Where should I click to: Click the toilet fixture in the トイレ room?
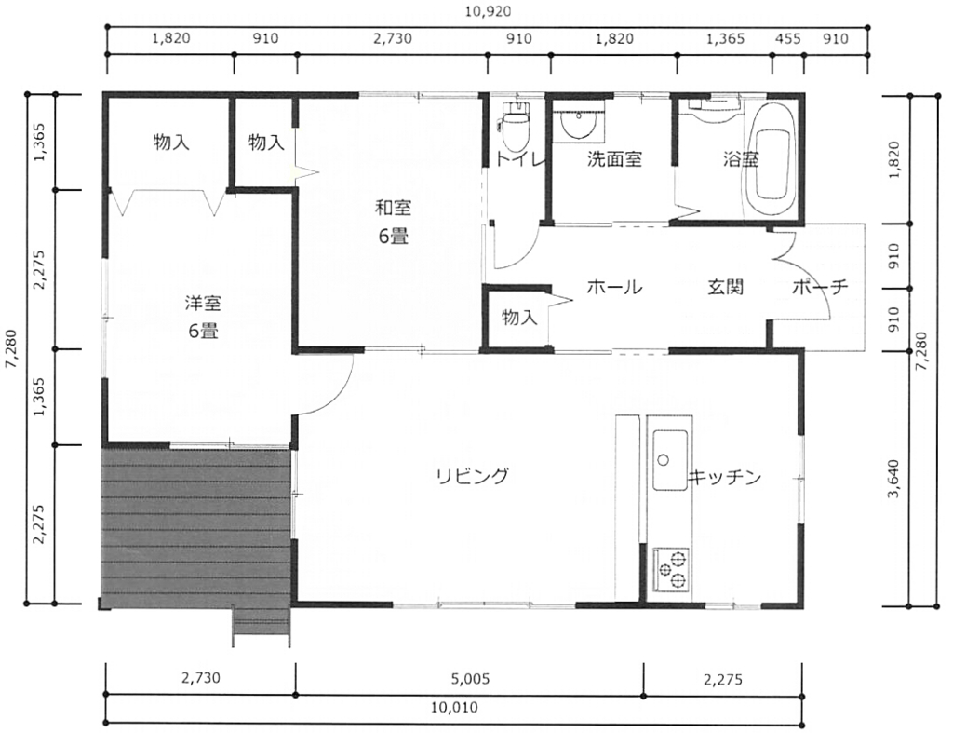(516, 126)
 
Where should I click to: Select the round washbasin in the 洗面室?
(580, 125)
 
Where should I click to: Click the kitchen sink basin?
(670, 460)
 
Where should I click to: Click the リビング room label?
(472, 475)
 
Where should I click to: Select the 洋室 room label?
(203, 303)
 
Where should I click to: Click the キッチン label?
(724, 478)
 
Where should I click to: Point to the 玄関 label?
(726, 287)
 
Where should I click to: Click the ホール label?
(614, 287)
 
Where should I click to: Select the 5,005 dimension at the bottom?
(470, 679)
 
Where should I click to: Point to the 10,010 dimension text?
(454, 708)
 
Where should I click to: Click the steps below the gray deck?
(262, 627)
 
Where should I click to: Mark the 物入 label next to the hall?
(519, 317)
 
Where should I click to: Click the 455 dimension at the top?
(788, 39)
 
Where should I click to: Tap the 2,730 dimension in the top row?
(393, 39)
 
